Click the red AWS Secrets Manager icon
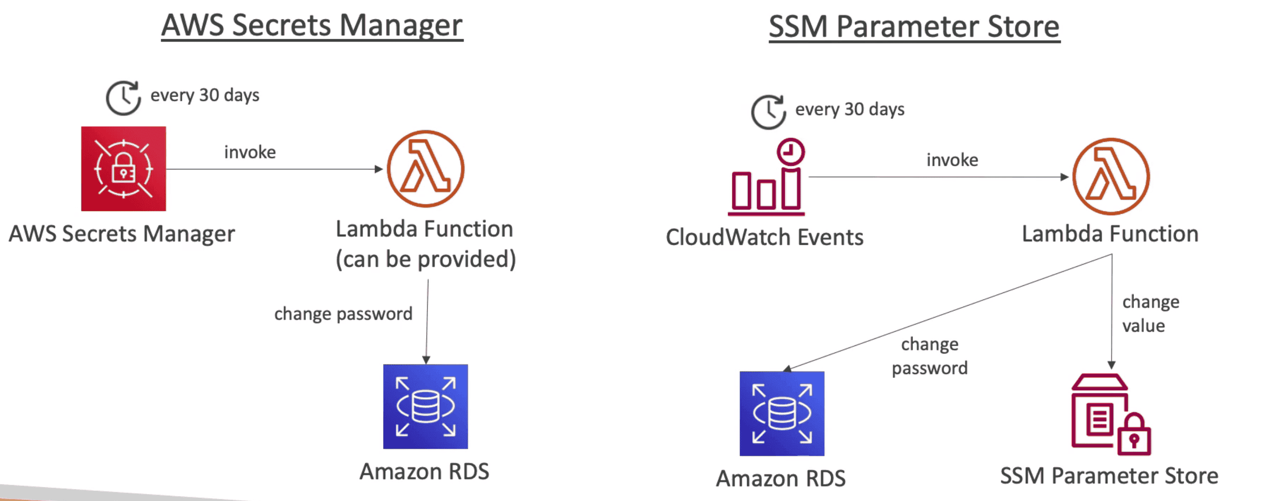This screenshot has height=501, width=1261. [124, 169]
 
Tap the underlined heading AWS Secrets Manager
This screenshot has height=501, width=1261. [312, 26]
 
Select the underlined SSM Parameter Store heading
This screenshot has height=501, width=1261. [914, 26]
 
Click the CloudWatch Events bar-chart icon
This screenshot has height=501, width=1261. [766, 179]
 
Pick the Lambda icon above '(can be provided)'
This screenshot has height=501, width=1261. [425, 169]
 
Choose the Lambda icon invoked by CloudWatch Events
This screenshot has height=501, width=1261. [1111, 176]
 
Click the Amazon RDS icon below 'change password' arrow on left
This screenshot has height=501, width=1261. [425, 407]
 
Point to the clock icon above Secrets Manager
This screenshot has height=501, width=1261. [124, 98]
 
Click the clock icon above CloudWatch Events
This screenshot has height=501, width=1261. [768, 112]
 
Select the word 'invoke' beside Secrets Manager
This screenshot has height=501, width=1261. [250, 152]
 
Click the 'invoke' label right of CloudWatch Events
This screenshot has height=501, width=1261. [952, 160]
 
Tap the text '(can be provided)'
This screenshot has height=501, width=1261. [425, 259]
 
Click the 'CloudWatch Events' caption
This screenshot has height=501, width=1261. [764, 237]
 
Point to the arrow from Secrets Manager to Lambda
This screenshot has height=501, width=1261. [274, 169]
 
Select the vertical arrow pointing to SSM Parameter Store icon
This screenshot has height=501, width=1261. [1112, 313]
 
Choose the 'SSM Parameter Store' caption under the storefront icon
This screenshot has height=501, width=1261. [1109, 475]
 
